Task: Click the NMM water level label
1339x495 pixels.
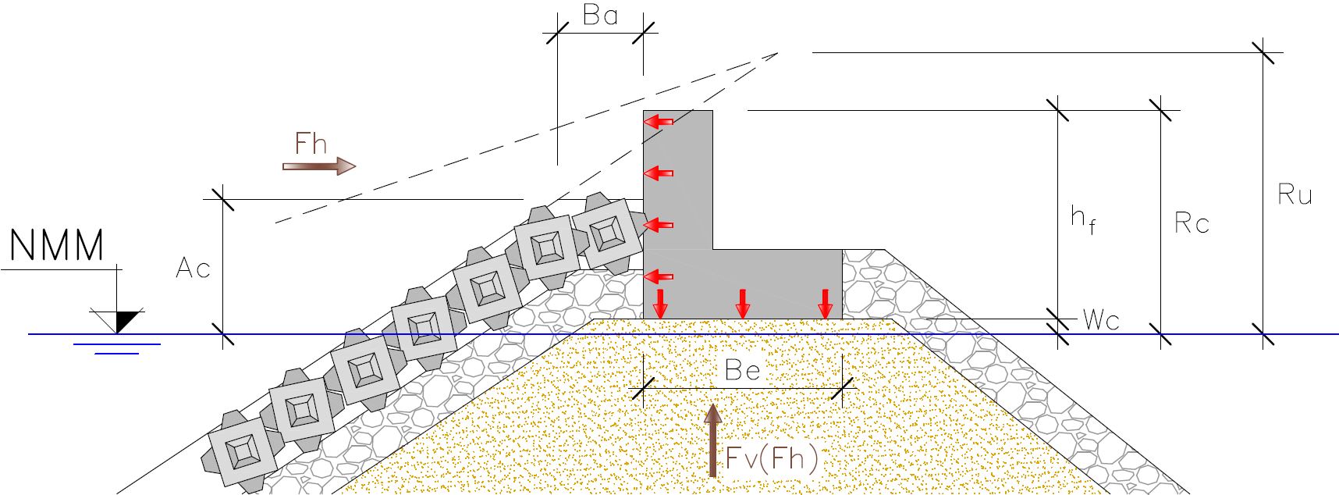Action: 57,245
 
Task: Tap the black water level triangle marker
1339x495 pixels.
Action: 125,320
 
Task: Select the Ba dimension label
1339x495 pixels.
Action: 600,15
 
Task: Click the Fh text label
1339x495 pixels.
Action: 311,144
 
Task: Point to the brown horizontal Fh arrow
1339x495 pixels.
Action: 318,166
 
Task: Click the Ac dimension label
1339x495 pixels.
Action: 193,269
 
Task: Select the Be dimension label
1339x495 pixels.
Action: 742,370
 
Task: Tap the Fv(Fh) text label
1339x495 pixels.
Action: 772,459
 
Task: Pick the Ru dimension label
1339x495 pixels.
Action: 1295,194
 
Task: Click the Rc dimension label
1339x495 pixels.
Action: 1192,223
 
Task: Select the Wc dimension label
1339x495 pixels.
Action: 1101,320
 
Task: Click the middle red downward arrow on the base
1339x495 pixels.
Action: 743,304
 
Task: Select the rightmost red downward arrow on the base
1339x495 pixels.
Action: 826,304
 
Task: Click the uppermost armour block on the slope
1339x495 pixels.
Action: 607,233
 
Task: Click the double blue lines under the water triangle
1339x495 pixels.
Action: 117,348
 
